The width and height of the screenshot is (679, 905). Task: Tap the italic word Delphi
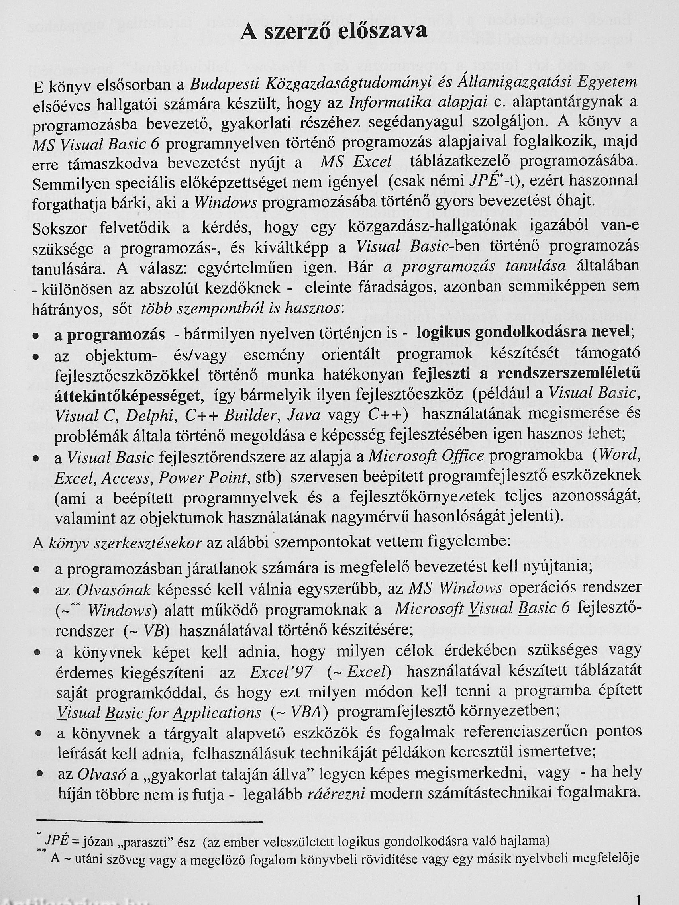pyautogui.click(x=151, y=416)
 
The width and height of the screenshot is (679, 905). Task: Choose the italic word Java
pyautogui.click(x=304, y=416)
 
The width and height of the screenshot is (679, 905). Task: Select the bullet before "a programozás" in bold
pyautogui.click(x=36, y=335)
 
